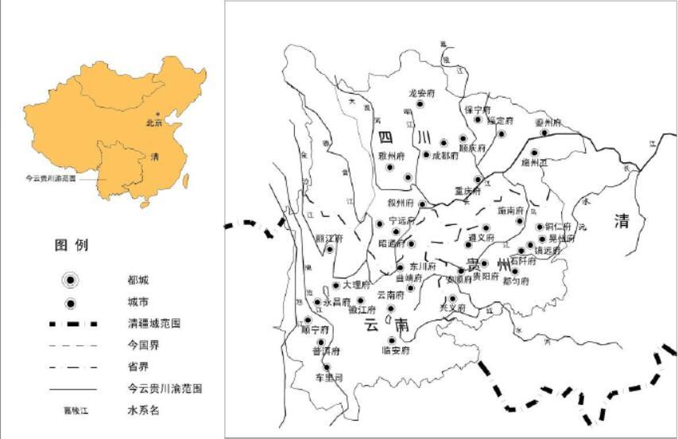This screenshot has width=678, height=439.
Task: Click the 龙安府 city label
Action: point(422,93)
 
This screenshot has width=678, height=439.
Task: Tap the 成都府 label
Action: point(445,156)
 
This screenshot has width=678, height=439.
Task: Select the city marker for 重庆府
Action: point(478,180)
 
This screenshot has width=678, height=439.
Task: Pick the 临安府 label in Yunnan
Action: point(394,351)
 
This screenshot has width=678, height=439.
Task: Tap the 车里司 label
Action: point(327,378)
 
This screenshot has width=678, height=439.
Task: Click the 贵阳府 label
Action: point(484,278)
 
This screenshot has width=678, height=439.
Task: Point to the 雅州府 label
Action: point(392,156)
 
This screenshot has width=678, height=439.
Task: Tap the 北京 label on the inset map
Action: point(153,123)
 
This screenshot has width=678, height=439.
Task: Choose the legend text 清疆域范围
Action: point(153,324)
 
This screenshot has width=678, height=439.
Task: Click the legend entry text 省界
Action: point(137,367)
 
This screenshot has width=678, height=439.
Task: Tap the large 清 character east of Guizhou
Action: point(622,221)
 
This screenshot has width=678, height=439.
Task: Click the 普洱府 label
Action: point(325,351)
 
